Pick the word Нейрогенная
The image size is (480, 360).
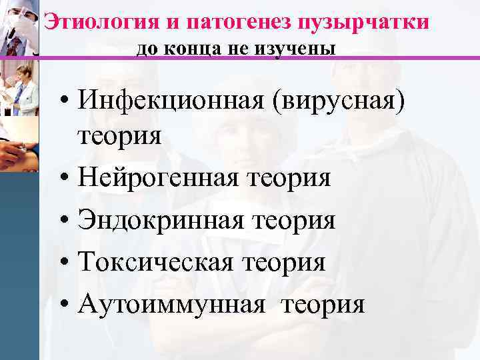pos(159,178)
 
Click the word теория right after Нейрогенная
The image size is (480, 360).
pos(289,178)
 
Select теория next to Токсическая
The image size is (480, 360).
pos(285,262)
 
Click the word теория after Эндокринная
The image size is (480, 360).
pos(294,220)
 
